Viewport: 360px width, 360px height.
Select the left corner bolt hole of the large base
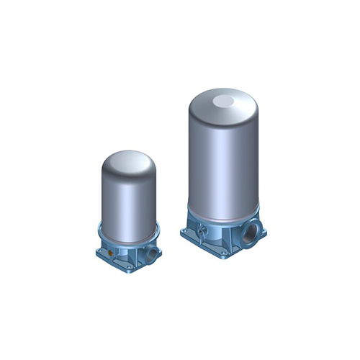[x=186, y=233]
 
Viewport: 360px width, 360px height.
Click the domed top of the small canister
[x=127, y=161]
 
